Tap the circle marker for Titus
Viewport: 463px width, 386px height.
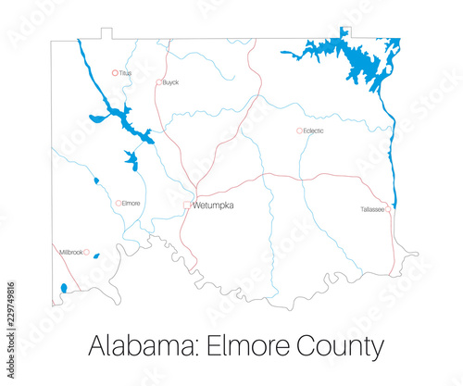(x=116, y=72)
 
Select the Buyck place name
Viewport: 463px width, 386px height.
(x=170, y=82)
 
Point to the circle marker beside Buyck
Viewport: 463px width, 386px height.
(x=159, y=82)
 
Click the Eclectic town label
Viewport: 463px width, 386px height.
(x=314, y=131)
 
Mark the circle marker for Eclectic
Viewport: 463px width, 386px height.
(x=299, y=131)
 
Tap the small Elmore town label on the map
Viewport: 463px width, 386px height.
(x=131, y=203)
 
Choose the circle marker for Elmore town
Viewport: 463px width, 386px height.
(x=119, y=203)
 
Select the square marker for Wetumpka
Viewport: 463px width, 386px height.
(x=187, y=205)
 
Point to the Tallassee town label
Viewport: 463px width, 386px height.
(x=372, y=210)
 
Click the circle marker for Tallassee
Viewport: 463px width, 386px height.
(x=388, y=210)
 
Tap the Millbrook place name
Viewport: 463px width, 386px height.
(x=70, y=252)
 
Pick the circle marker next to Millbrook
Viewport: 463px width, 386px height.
(x=86, y=252)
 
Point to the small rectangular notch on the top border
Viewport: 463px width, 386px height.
(x=106, y=34)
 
